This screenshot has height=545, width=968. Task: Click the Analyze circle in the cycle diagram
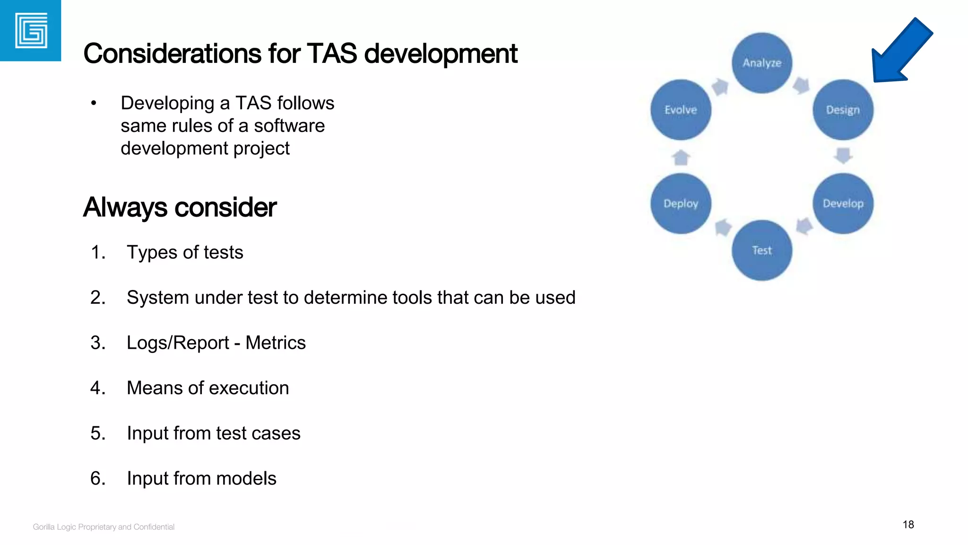coord(762,63)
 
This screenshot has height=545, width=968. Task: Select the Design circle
coord(843,110)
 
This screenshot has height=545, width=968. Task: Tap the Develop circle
coord(843,203)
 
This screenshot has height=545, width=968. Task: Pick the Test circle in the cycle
coord(762,250)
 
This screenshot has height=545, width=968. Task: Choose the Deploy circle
coord(681,203)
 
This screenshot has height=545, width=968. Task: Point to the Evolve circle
coord(681,110)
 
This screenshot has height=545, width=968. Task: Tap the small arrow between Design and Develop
coord(843,156)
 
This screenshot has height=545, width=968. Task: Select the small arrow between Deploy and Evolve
coord(681,157)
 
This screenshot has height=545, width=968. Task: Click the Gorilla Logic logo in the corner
coord(31,31)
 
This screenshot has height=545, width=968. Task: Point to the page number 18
coord(908,525)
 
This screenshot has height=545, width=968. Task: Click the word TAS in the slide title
coord(332,53)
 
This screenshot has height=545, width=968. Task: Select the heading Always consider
coord(180,207)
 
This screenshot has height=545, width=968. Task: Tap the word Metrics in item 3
coord(276,343)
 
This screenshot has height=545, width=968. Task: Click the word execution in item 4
coord(255,388)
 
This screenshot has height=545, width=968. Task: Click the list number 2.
coord(98,298)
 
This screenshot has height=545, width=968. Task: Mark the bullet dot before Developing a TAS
coord(94,103)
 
